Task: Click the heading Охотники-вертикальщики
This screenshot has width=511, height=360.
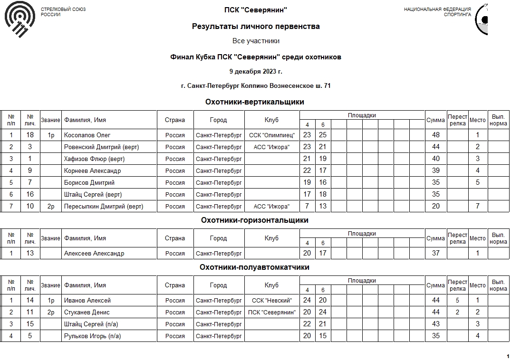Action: pos(255,102)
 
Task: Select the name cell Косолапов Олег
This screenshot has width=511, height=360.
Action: pos(87,135)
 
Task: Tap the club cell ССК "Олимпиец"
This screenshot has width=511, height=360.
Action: pos(272,135)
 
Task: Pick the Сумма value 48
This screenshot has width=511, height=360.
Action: pos(435,135)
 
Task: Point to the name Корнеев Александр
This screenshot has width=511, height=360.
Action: pos(92,171)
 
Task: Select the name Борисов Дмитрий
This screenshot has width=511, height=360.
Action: pos(89,183)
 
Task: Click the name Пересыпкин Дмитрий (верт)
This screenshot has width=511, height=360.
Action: pos(104,207)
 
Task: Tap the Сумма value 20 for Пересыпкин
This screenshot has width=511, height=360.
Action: pos(435,207)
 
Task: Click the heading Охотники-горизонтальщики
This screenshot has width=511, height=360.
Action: pos(255,220)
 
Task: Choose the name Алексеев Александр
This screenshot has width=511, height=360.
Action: pos(94,254)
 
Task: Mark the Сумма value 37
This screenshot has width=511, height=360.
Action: pos(435,254)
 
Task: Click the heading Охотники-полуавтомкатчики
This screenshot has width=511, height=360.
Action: pos(255,267)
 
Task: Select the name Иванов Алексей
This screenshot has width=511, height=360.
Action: pos(87,301)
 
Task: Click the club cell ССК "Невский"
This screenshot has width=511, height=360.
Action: pos(272,301)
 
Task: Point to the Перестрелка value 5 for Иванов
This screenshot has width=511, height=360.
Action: pos(457,301)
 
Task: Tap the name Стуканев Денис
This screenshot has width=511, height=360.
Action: pos(87,313)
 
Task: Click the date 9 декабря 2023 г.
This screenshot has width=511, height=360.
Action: pos(256,72)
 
